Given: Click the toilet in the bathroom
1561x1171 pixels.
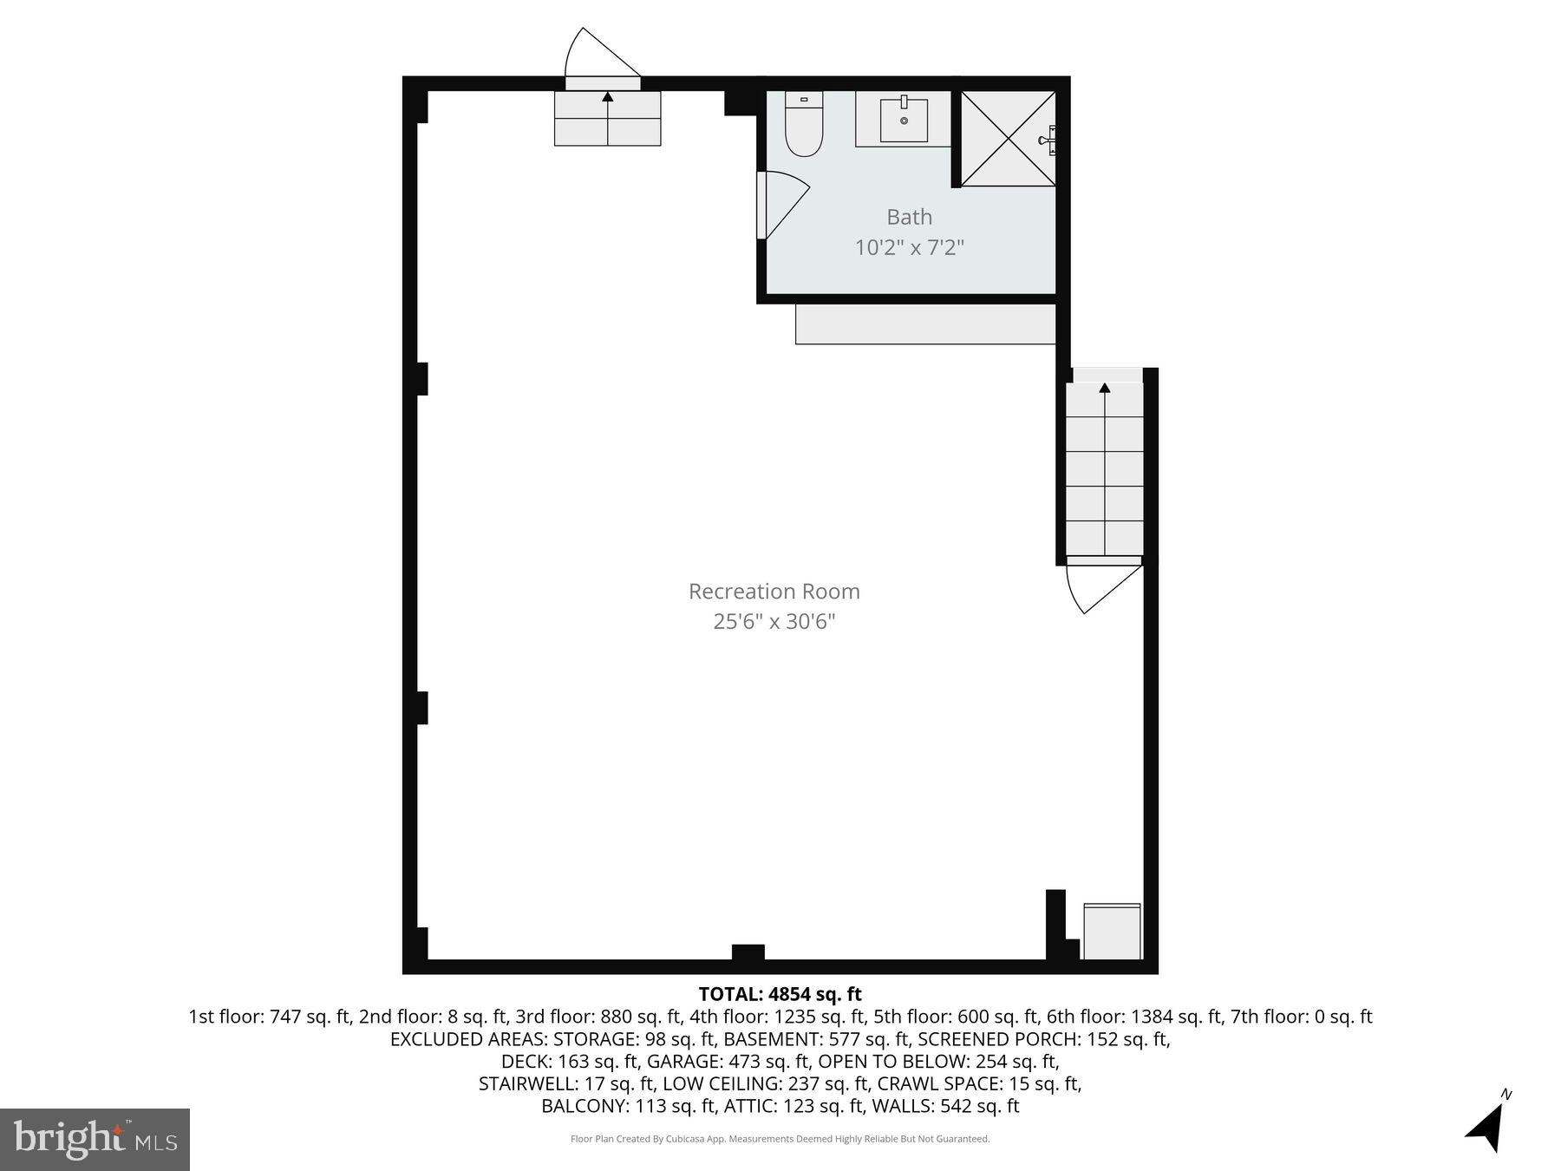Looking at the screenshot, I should point(803,128).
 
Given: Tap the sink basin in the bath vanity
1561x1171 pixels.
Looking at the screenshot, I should point(904,121).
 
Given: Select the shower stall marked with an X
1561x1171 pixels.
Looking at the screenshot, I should point(1008,139).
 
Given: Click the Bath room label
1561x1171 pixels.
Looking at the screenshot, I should point(909,217).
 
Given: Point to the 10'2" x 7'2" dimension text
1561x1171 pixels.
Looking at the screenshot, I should point(909,248).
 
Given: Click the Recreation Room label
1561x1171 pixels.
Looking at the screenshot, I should point(774,592).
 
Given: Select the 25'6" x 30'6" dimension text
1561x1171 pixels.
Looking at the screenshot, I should point(774,622).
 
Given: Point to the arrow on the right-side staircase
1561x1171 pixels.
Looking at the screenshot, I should point(1104,388).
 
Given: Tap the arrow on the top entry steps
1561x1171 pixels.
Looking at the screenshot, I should point(607,97).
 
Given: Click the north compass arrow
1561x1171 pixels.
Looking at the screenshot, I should point(1488,1126).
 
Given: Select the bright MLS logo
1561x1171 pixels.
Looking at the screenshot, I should point(95,1139).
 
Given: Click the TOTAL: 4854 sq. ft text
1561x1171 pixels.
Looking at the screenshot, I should point(780,994).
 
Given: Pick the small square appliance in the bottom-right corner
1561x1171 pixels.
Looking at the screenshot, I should point(1112,932).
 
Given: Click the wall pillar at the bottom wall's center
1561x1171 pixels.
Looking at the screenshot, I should point(748,952).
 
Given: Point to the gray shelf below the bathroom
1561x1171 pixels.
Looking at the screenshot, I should point(925,324).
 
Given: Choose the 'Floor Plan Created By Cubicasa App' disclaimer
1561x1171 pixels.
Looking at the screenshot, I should point(780,1139).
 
